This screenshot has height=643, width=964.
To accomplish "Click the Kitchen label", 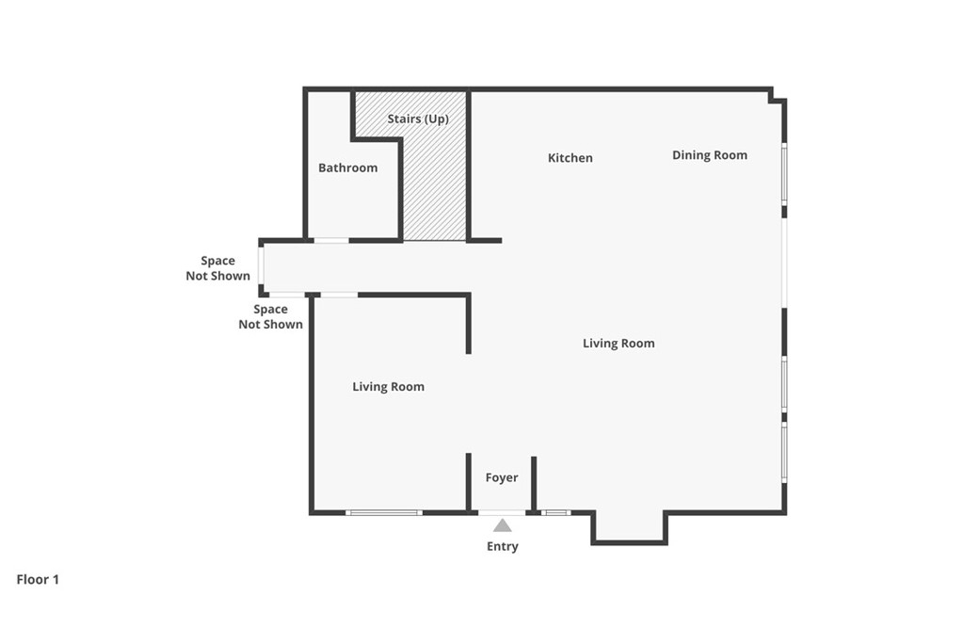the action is click(x=570, y=158).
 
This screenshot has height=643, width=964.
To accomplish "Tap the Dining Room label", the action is click(x=710, y=155).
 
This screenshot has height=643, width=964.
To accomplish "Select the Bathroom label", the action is click(x=348, y=168).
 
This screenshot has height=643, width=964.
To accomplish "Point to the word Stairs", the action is click(x=403, y=119).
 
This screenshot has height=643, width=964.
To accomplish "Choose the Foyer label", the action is click(x=502, y=477).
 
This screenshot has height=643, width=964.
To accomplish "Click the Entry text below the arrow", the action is click(x=503, y=546).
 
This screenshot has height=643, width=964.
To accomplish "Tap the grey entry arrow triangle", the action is click(x=503, y=525).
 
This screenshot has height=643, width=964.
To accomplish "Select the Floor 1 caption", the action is click(x=38, y=580).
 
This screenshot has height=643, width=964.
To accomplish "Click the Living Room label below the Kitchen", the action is click(x=619, y=344).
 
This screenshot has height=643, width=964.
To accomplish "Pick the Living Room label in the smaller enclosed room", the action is click(x=388, y=387).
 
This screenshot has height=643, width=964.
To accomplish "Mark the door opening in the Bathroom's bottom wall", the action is click(x=331, y=240).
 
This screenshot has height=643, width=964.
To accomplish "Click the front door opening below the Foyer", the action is click(x=502, y=513).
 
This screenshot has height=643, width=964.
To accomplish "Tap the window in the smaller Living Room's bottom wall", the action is click(x=384, y=513).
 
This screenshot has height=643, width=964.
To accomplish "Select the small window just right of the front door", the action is click(x=555, y=513).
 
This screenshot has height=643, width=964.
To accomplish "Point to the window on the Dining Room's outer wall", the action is click(x=784, y=174).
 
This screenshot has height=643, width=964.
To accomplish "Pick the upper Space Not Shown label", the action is click(x=217, y=268).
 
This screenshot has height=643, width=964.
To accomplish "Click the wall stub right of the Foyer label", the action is click(x=534, y=484).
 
